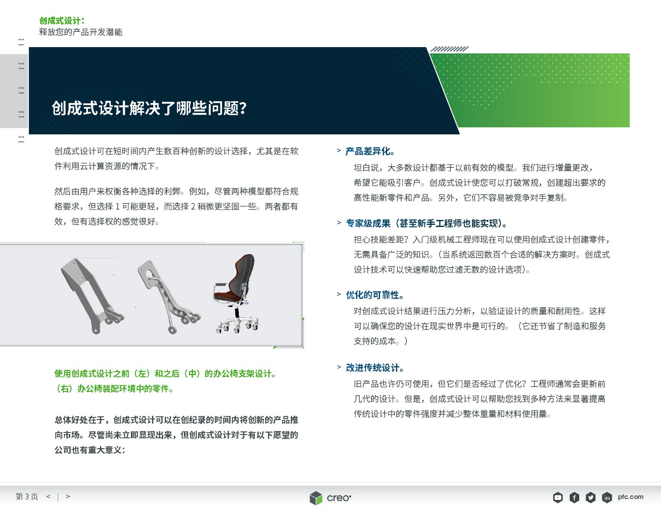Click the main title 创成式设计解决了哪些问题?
(x=149, y=108)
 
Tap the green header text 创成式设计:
(x=62, y=21)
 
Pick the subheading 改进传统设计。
(x=375, y=368)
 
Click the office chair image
(x=236, y=294)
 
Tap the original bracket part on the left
(x=93, y=296)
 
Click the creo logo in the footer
(x=330, y=498)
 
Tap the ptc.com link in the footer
(x=630, y=497)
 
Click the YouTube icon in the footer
(x=558, y=497)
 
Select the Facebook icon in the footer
(x=574, y=497)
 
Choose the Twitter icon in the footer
(x=590, y=497)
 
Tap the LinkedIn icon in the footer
(x=607, y=497)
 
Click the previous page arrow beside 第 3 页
(x=48, y=497)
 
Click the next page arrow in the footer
(x=68, y=497)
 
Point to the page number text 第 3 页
(x=27, y=497)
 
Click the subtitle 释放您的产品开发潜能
(x=81, y=32)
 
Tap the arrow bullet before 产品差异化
(x=339, y=150)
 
